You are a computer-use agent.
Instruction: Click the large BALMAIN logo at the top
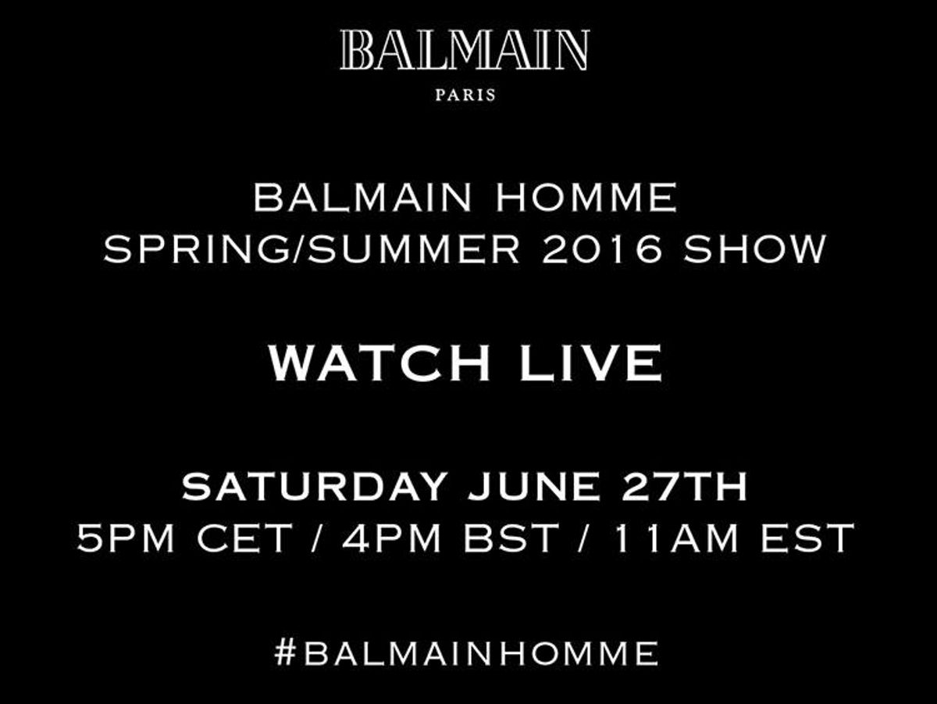(x=465, y=50)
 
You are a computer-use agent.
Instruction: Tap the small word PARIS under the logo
(x=465, y=95)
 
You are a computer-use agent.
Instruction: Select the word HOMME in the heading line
(x=586, y=198)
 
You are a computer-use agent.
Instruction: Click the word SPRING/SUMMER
(x=312, y=249)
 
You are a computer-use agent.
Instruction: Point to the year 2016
(x=601, y=249)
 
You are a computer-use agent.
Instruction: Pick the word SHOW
(x=755, y=249)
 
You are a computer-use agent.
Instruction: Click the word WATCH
(x=379, y=363)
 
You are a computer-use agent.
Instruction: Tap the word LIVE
(x=590, y=363)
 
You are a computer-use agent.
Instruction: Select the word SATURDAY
(x=315, y=486)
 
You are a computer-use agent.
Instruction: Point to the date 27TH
(x=684, y=486)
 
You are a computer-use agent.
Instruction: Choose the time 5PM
(x=126, y=538)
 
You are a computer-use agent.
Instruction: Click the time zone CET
(x=244, y=538)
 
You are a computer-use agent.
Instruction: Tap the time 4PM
(x=391, y=538)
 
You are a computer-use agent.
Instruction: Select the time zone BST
(x=511, y=538)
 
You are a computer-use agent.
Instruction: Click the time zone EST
(x=807, y=538)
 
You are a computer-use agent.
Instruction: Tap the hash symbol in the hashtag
(x=285, y=652)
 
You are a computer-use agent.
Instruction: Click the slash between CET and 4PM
(x=316, y=538)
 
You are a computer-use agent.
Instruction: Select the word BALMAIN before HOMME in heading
(x=363, y=198)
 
